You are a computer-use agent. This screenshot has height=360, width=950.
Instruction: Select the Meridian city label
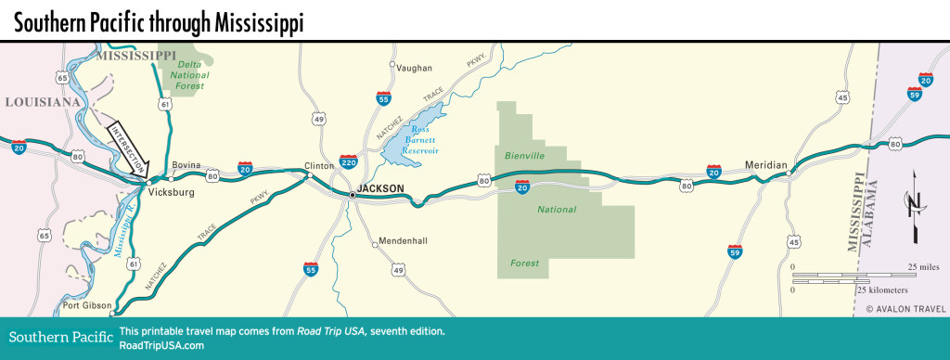(765, 165)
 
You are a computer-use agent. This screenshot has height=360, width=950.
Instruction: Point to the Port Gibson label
(85, 305)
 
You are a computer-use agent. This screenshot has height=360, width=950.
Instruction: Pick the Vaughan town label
(414, 68)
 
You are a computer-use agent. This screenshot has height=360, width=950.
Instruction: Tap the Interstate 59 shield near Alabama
(915, 93)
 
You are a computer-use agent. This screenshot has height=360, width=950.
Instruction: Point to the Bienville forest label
(523, 155)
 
